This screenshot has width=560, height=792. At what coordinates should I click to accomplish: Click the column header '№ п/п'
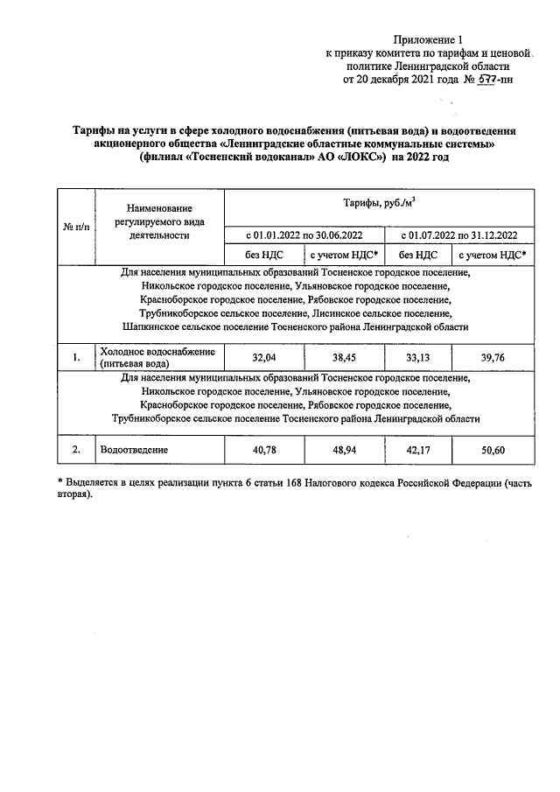76,227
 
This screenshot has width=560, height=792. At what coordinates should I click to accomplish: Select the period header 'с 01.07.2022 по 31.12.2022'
458,235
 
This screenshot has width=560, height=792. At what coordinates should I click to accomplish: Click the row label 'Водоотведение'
135,450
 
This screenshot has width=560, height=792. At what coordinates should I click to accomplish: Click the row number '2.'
76,450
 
